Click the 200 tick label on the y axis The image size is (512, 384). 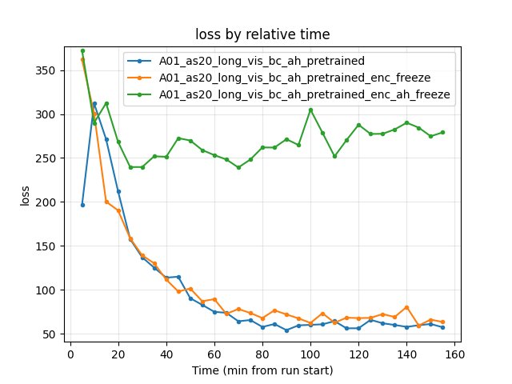pos(49,202)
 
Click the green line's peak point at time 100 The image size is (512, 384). pos(310,110)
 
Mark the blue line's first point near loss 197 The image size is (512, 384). pos(82,205)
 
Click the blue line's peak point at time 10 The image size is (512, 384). pos(94,103)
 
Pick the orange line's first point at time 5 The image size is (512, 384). pos(82,59)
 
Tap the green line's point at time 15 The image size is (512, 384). pos(106,103)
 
